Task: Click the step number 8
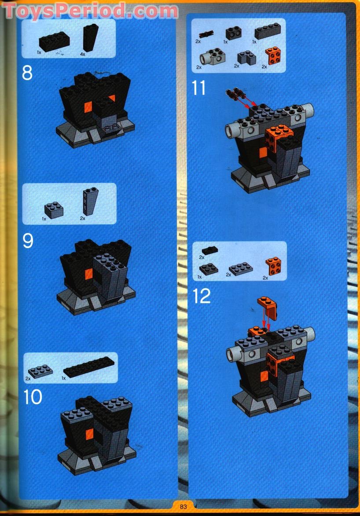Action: tap(27, 73)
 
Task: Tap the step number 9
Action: tap(28, 241)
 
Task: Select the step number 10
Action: tap(33, 397)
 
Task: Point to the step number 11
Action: tap(199, 88)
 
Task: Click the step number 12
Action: tap(202, 296)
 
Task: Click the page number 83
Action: tap(184, 506)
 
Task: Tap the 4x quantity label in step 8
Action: tap(82, 54)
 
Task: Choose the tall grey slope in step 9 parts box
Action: tap(88, 202)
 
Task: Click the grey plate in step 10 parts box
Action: tap(40, 371)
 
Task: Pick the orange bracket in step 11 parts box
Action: tap(272, 57)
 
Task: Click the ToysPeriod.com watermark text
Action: tap(90, 11)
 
